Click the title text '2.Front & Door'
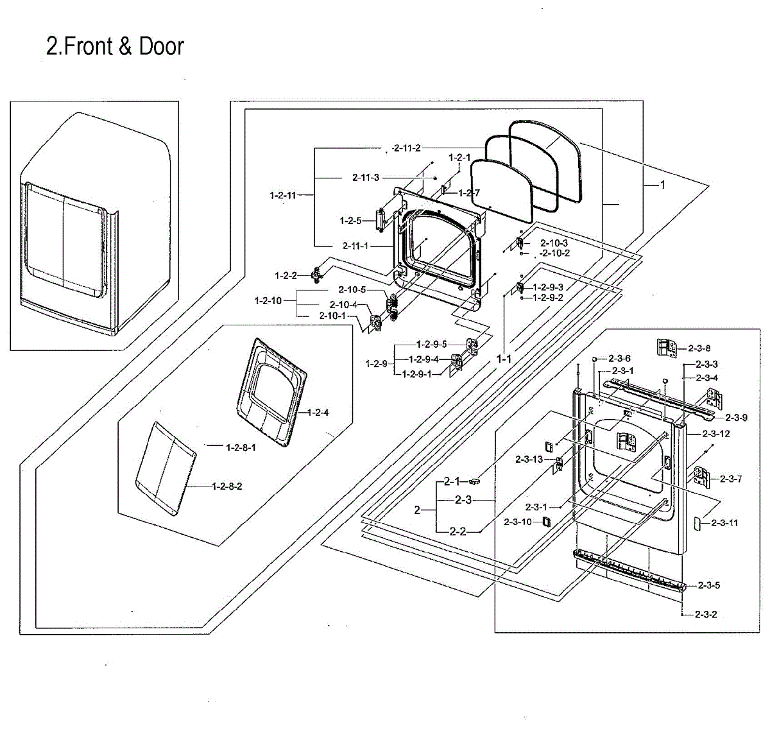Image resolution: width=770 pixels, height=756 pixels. [115, 46]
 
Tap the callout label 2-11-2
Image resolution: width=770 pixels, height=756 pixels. [407, 148]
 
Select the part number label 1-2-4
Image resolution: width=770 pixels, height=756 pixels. [318, 413]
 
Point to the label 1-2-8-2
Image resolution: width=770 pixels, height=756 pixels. [227, 486]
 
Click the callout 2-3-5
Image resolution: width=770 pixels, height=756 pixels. [708, 585]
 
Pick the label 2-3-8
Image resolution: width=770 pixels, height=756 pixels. [699, 348]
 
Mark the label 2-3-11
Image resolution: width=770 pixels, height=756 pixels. [724, 523]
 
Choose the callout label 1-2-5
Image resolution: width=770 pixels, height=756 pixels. [350, 221]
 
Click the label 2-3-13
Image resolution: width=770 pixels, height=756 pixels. [529, 459]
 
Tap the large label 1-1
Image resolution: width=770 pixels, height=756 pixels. [504, 359]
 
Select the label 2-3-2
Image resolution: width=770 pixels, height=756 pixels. [706, 614]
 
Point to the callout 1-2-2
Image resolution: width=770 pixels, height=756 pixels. [286, 276]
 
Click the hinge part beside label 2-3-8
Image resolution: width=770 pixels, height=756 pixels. [666, 348]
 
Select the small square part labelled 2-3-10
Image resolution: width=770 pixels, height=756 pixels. [546, 521]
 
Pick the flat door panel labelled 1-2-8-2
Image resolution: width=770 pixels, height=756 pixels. [165, 468]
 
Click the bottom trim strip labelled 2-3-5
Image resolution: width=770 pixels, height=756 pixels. [629, 568]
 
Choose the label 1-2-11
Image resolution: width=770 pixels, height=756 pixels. [284, 194]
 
